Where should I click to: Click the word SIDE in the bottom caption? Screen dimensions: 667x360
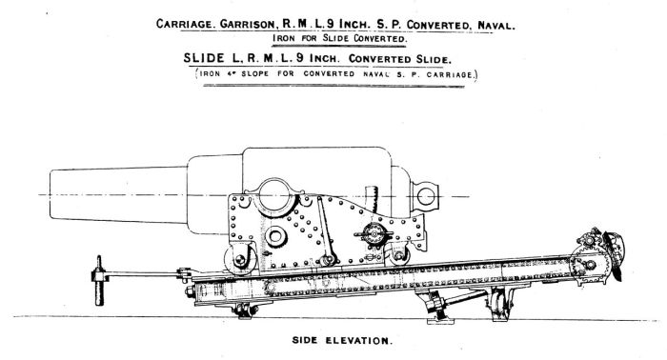coord(307,339)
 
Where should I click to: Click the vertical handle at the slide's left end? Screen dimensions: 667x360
coord(97,282)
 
